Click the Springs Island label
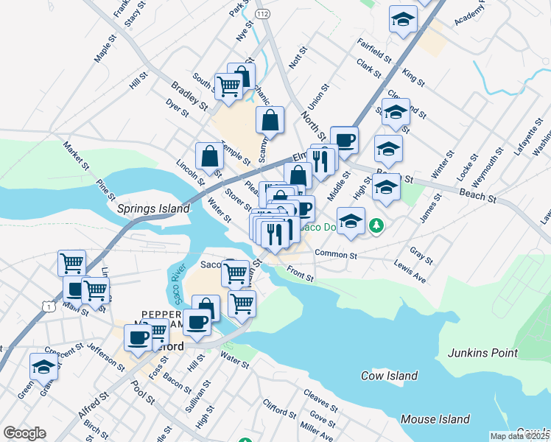(152, 208)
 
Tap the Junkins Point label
(482, 353)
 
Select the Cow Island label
(389, 376)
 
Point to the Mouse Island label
(435, 419)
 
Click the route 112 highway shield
(262, 13)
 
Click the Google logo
(24, 433)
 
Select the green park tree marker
(377, 224)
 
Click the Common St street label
(335, 255)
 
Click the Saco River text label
(176, 284)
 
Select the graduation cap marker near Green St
(44, 366)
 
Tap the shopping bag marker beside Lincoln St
(210, 156)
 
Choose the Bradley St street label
(189, 97)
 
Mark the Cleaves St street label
(320, 402)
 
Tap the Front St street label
(301, 276)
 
